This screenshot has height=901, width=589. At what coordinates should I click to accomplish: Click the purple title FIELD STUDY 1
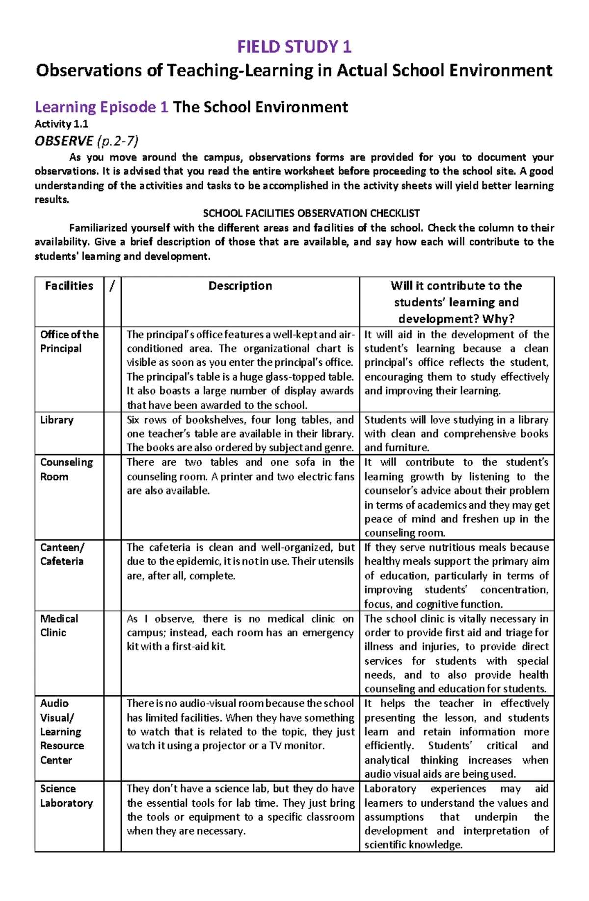tap(294, 47)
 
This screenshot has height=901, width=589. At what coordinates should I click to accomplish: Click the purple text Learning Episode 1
tap(102, 107)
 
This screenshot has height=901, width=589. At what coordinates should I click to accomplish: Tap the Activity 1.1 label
tap(61, 124)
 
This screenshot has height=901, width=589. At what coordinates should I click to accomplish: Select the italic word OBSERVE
tap(64, 141)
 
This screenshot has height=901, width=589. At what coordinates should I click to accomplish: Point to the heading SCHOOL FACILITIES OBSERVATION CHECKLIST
tap(311, 213)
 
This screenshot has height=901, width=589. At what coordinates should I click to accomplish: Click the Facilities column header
tap(69, 286)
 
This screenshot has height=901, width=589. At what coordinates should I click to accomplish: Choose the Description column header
tap(240, 286)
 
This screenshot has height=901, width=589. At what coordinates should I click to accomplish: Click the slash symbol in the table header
tap(112, 286)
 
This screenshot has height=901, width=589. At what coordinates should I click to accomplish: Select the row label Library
tap(57, 420)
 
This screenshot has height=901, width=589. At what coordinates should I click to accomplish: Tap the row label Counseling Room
tap(66, 469)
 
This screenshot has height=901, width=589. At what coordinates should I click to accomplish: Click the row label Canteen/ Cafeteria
tap(62, 554)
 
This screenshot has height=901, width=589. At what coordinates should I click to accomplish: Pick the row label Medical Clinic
tap(59, 626)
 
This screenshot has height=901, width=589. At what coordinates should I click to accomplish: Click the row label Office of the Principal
tap(69, 341)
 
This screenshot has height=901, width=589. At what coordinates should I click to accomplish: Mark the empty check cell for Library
tap(112, 433)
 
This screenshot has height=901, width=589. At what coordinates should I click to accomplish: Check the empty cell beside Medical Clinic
tap(112, 653)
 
